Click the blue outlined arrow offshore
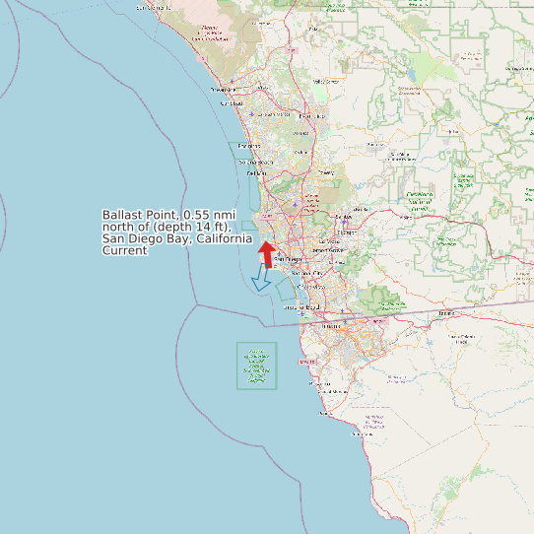tap(261, 280)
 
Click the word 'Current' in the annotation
tap(125, 251)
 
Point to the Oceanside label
tap(224, 90)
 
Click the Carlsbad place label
tap(232, 103)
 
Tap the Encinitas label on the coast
tap(248, 146)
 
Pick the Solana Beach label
tap(254, 162)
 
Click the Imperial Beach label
tap(301, 307)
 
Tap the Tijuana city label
tap(331, 326)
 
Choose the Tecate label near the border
tap(447, 314)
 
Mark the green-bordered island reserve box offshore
tap(257, 365)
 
